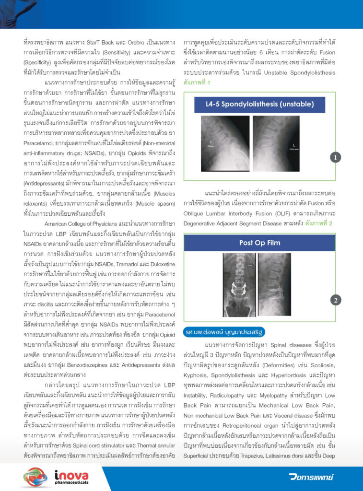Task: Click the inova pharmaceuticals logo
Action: [x=50, y=475]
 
